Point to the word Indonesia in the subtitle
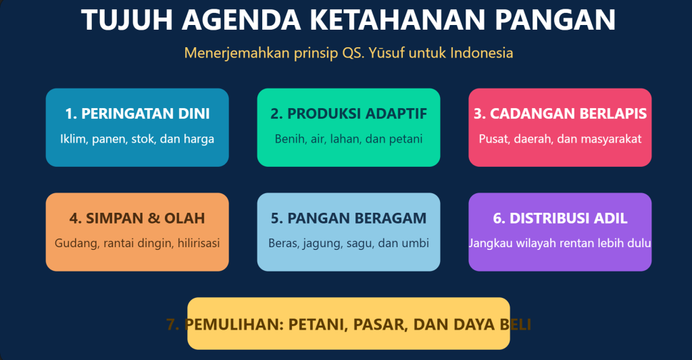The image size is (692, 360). pos(481,53)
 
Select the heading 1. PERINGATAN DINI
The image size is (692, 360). pos(137,114)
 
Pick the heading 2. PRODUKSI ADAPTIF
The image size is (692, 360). pos(349,114)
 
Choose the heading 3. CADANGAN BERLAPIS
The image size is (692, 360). pos(560,114)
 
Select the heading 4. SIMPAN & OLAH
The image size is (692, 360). pos(137,218)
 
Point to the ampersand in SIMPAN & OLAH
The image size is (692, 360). pos(153,218)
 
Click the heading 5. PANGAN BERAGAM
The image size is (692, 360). pos(349,218)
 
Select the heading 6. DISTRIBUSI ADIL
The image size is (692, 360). pos(560,218)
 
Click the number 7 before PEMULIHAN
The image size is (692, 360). pos(172,325)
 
